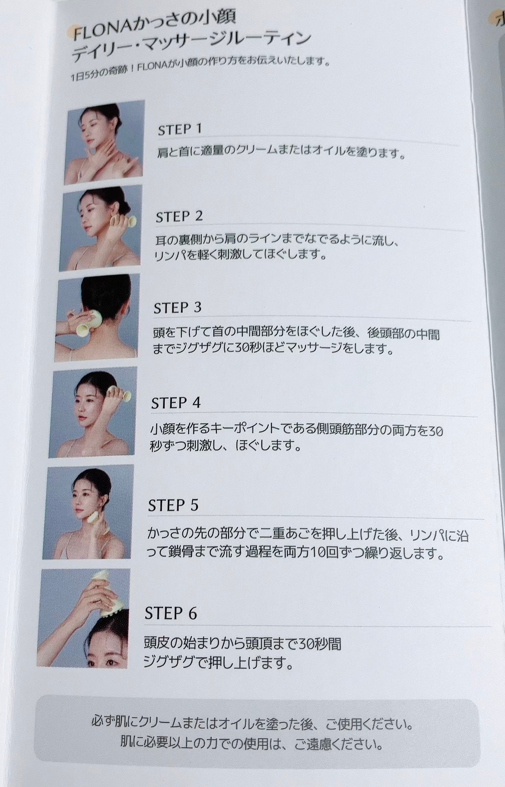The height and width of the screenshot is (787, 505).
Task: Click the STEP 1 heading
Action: pyautogui.click(x=180, y=129)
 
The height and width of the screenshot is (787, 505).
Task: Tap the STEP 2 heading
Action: pyautogui.click(x=179, y=216)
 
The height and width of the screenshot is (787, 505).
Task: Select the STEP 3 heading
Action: pyautogui.click(x=177, y=308)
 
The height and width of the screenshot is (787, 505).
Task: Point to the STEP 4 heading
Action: pyautogui.click(x=176, y=403)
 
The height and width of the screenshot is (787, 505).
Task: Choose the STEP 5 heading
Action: pyautogui.click(x=173, y=505)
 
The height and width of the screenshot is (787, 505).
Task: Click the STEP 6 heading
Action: pyautogui.click(x=171, y=613)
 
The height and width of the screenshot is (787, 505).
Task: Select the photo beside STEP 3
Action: pyautogui.click(x=97, y=318)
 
